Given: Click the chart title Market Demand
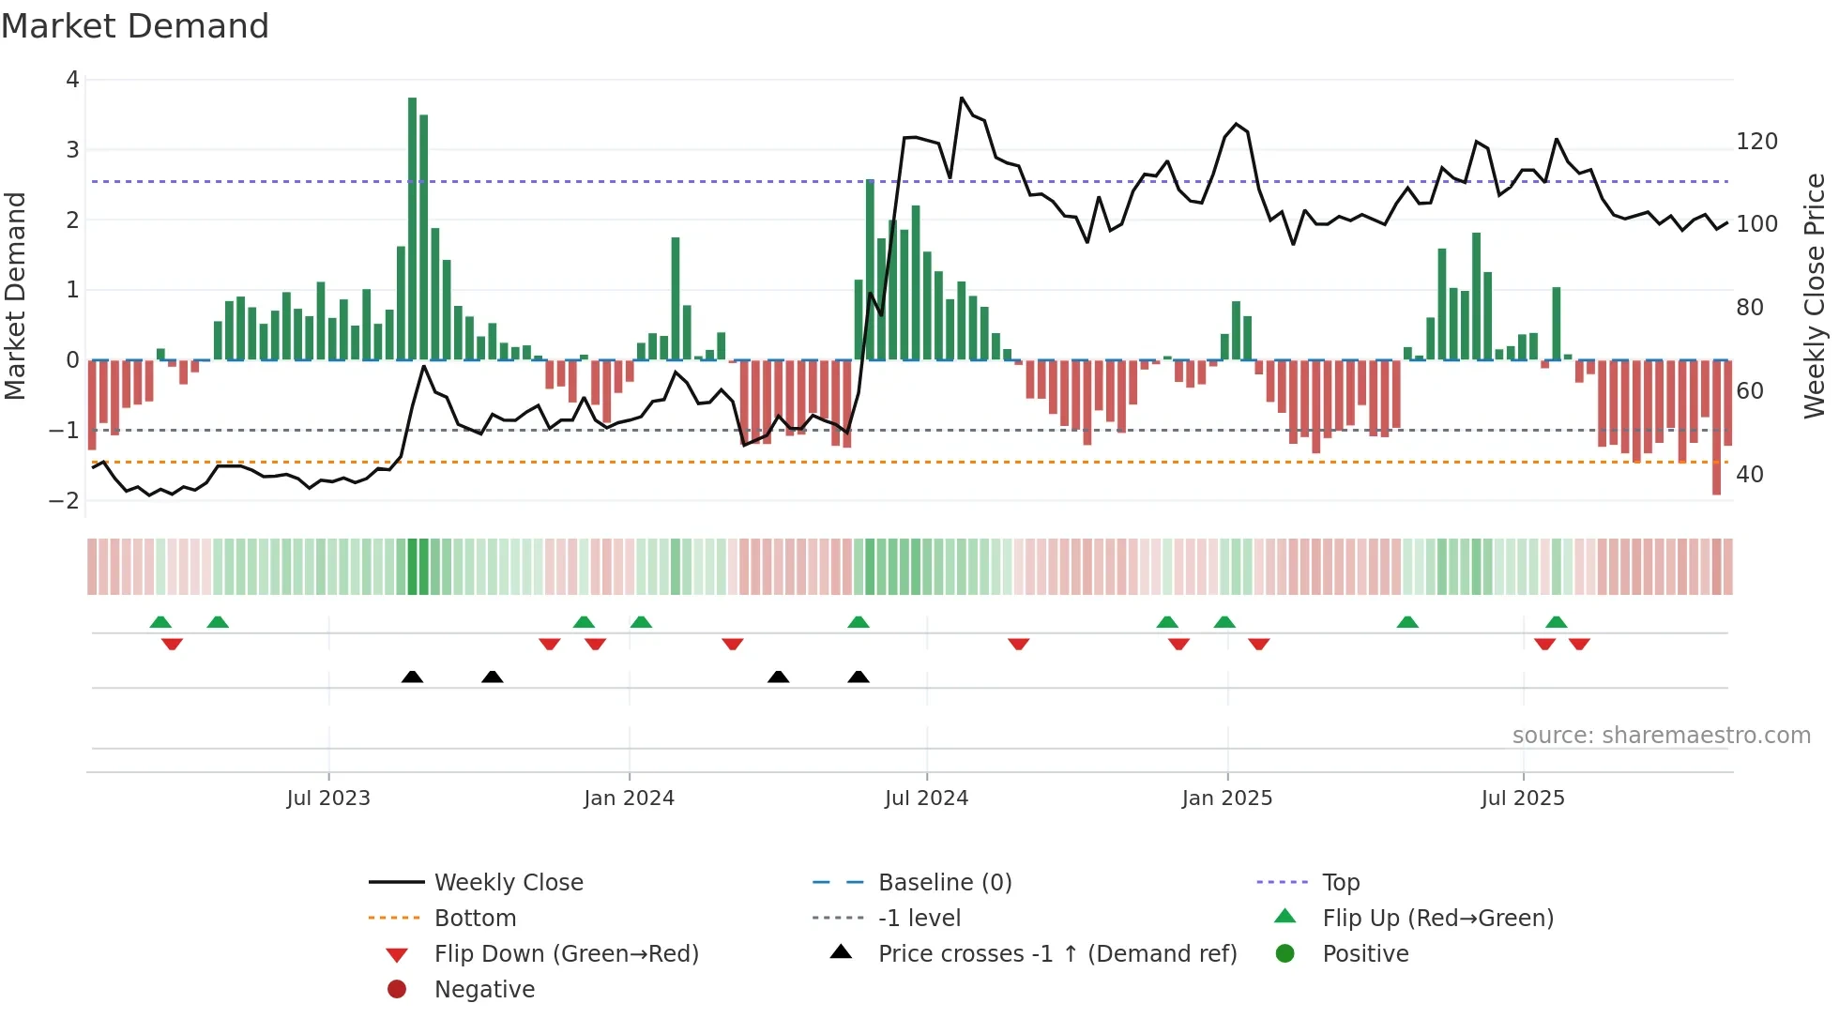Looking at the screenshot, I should [135, 26].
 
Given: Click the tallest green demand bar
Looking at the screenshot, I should [413, 225].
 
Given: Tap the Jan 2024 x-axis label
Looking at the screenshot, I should [629, 798].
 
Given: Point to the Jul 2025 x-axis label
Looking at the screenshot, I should [1523, 798].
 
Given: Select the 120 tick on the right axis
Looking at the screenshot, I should [1756, 142].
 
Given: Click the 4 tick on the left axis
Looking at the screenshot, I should [72, 80].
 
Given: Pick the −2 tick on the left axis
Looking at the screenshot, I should [65, 500].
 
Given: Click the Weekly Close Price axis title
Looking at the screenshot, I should [1815, 296].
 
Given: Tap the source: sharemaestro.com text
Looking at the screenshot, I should [1661, 736].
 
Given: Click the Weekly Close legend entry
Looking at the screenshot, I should [508, 883].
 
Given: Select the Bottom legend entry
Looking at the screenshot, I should [475, 919].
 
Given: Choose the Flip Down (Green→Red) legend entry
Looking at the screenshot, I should [566, 954].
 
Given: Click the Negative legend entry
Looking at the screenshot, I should [484, 990].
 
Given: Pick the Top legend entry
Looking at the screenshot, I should [1341, 883].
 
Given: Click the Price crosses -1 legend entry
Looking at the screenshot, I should [1056, 954].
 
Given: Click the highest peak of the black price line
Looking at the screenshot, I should [962, 98].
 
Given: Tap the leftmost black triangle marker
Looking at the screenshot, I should [412, 677].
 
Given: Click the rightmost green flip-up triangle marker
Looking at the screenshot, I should [1557, 622].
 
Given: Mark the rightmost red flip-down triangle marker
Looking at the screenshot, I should [1579, 644].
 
